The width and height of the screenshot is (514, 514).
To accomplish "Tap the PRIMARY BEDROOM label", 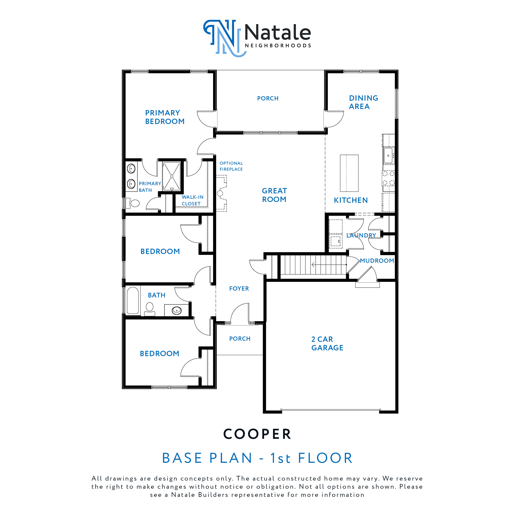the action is tap(165, 117).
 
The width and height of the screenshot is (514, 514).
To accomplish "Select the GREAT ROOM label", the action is tap(274, 195).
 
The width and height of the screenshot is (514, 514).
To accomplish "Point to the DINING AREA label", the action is tap(363, 102).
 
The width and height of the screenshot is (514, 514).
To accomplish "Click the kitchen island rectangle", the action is tap(349, 173).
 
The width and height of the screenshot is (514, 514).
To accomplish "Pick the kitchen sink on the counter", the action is tap(388, 155).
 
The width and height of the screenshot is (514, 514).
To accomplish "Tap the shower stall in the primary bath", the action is tap(172, 176).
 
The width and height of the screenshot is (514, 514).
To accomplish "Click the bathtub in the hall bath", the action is tap(133, 300).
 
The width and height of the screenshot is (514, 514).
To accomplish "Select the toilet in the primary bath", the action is tap(133, 203).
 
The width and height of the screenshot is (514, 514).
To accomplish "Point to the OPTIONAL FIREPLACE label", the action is tap(231, 166).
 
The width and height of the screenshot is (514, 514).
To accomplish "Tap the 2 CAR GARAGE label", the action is tap(327, 344).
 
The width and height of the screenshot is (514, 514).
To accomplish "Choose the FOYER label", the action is tap(239, 289).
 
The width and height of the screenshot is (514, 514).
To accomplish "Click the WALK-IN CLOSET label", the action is tap(192, 200).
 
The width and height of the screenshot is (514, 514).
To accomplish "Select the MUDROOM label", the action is tap(377, 261).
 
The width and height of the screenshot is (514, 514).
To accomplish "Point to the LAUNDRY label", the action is tap(361, 235).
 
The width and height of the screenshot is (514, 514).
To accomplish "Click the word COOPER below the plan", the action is tap(257, 434).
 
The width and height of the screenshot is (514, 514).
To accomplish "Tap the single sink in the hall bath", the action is tap(177, 310).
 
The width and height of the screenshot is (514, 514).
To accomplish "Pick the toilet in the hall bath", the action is tap(150, 308).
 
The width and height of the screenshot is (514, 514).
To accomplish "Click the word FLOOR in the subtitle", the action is tap(325, 458).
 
